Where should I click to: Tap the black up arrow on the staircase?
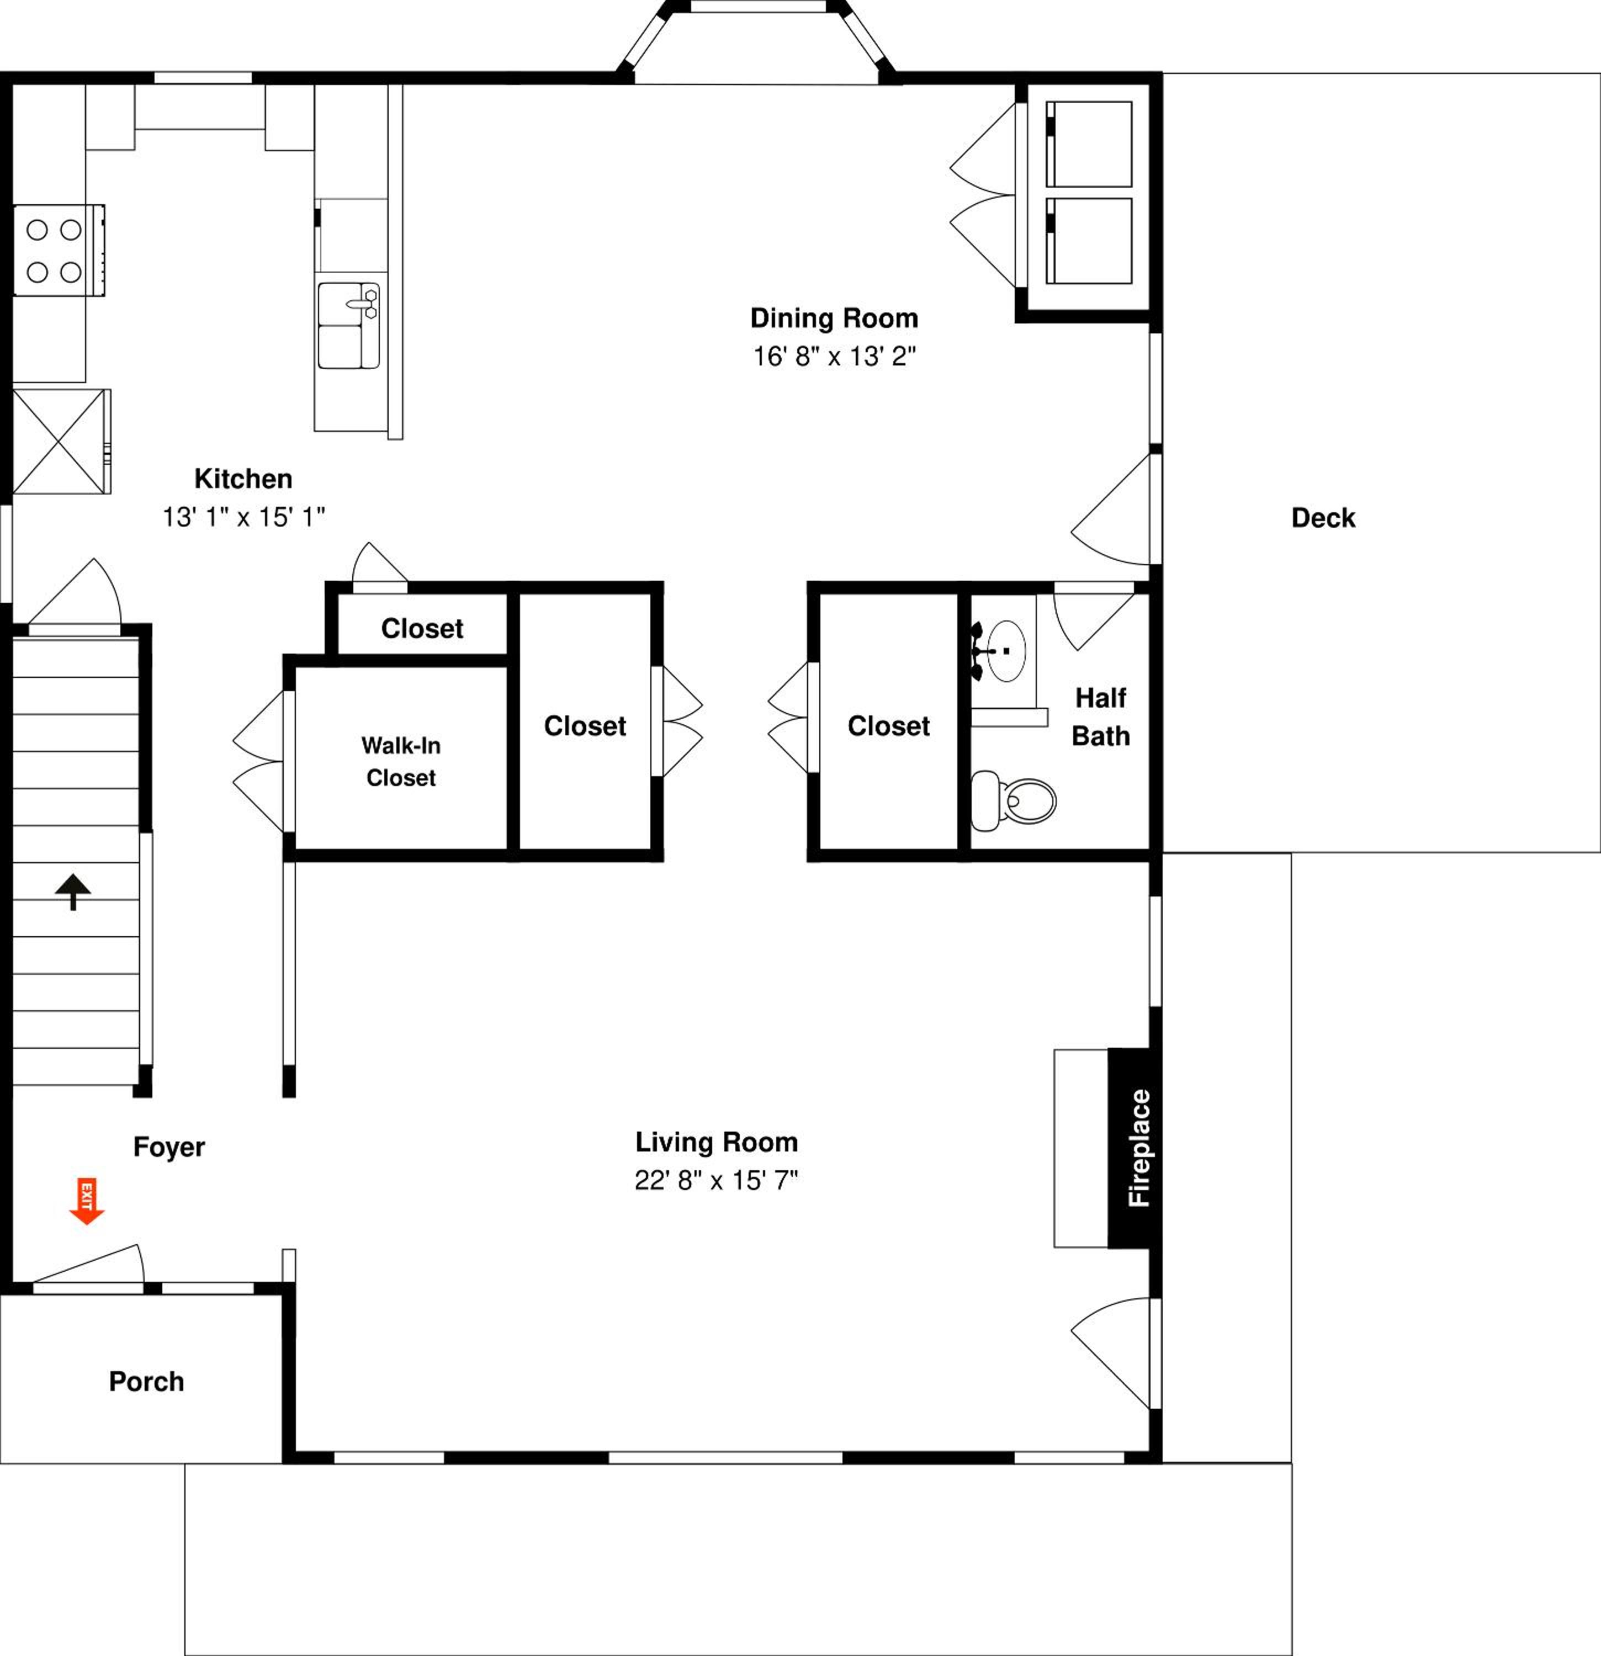pos(73,891)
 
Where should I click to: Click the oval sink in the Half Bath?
pos(1006,651)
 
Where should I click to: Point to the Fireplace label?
pos(1139,1148)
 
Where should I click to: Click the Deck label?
pos(1323,518)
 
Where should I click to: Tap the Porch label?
pos(146,1382)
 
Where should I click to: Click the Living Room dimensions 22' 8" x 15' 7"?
pos(717,1180)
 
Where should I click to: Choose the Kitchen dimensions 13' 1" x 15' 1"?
pos(244,517)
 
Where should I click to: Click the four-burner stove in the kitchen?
pos(59,250)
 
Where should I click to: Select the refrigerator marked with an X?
pos(61,441)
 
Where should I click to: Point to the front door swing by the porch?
pos(89,1265)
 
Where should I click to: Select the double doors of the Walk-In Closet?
pos(258,761)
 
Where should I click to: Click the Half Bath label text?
pos(1101,716)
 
